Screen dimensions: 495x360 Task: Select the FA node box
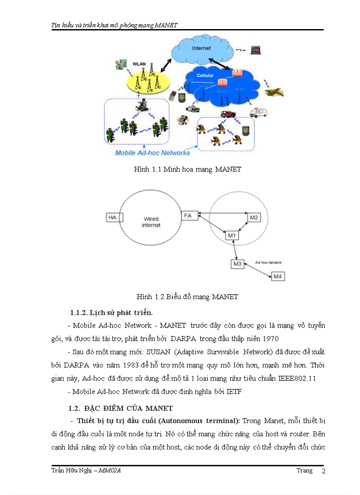tap(188, 216)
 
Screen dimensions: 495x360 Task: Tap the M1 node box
tap(232, 236)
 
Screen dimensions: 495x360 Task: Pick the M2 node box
tap(254, 217)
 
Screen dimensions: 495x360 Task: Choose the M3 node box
tap(237, 264)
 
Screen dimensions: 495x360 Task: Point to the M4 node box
tap(277, 276)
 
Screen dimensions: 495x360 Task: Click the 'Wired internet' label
tap(151, 222)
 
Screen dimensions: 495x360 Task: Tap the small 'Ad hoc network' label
tap(268, 262)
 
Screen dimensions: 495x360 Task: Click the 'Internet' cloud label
tap(201, 48)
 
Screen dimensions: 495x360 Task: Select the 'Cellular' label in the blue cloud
tap(205, 76)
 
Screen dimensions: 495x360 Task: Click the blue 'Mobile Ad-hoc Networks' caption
tap(152, 153)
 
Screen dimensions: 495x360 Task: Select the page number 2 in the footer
tap(323, 471)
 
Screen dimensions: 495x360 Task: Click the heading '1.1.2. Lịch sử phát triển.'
tap(112, 313)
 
